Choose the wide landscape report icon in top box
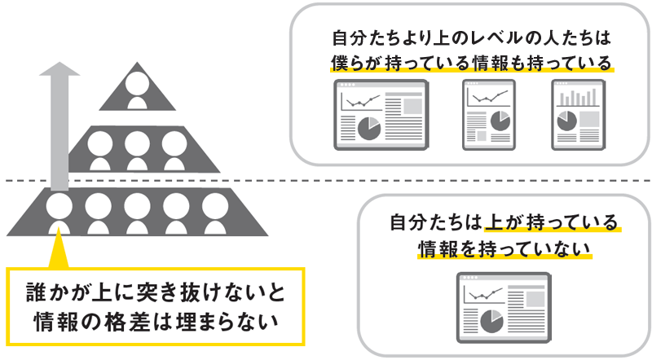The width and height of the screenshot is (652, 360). tap(380, 116)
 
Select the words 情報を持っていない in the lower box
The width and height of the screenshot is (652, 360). tap(503, 247)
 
